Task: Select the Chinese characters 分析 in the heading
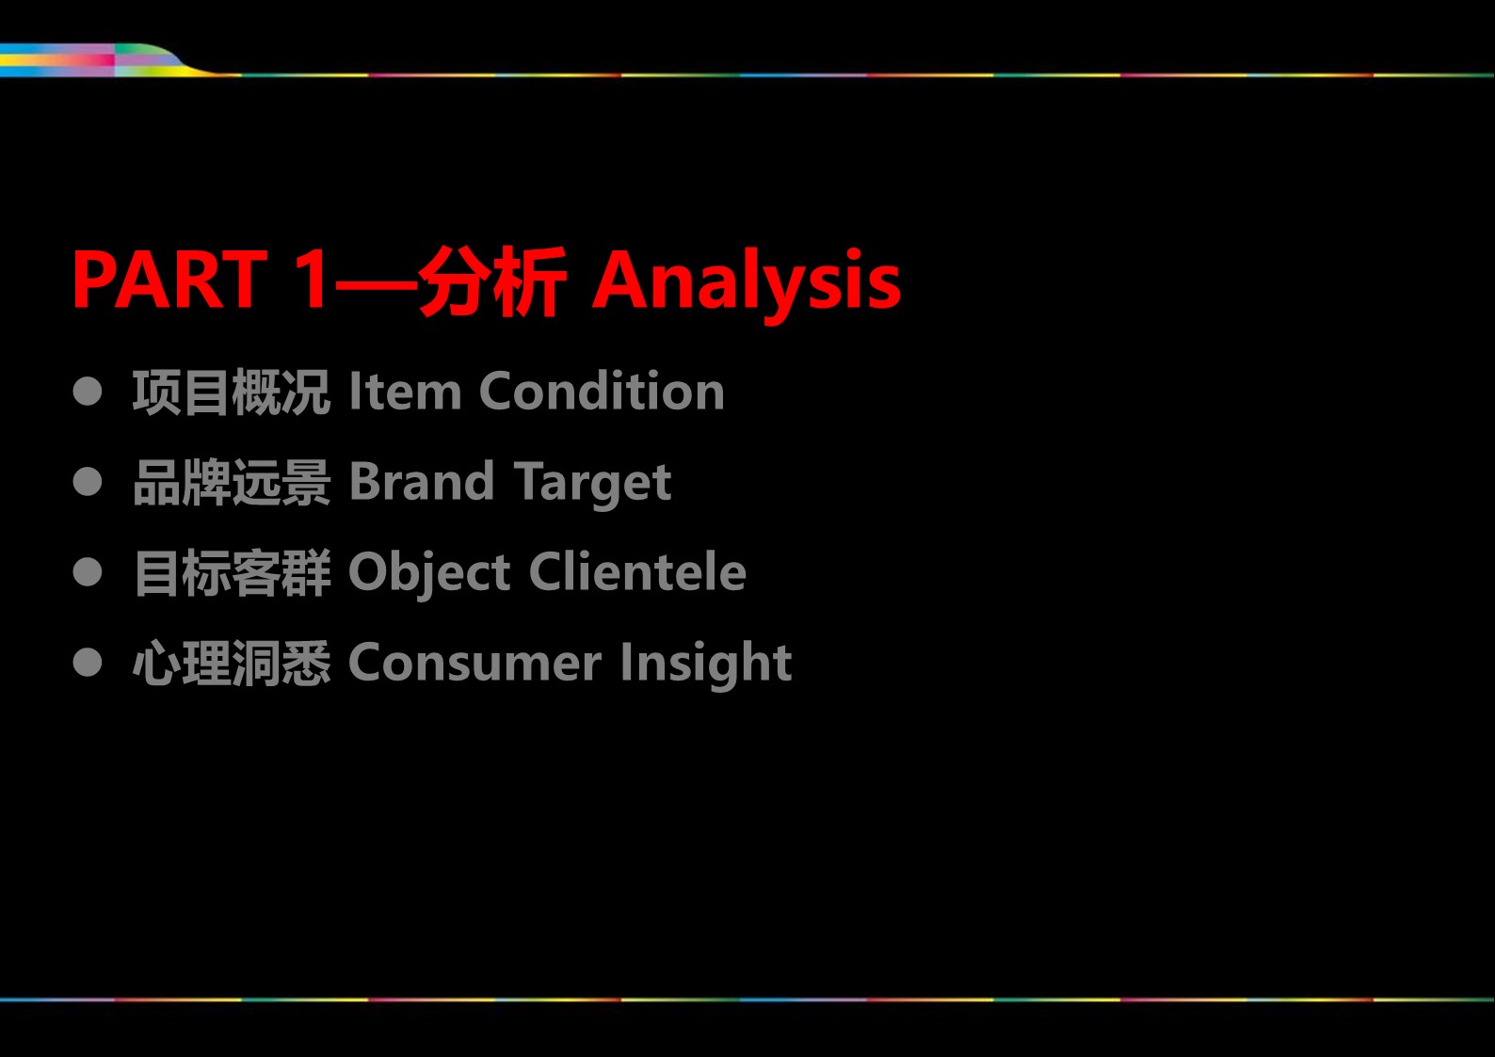pos(492,280)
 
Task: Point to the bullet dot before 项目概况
pos(88,391)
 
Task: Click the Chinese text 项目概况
pos(231,392)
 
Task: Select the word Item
pos(405,391)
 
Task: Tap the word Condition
pos(602,391)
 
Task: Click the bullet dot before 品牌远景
pos(88,482)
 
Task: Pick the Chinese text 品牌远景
pos(232,483)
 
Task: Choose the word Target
pos(593,485)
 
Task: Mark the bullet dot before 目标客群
pos(88,572)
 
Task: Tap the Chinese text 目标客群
pos(232,572)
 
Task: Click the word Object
pos(430,574)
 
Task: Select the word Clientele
pos(638,571)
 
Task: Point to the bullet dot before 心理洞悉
pos(88,662)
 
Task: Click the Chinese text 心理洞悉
pos(232,663)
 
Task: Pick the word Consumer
pos(475,663)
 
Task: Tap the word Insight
pos(706,665)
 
